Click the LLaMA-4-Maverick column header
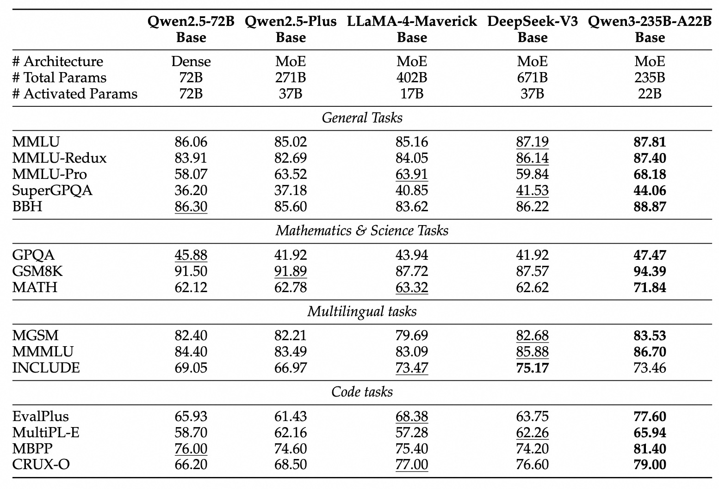pos(412,29)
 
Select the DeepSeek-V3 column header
pos(532,29)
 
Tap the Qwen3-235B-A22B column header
pos(650,29)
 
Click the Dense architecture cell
pos(191,61)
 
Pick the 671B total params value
pos(532,78)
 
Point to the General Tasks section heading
pos(362,118)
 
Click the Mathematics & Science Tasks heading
pos(362,231)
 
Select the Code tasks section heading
pos(362,392)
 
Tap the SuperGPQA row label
pos(52,190)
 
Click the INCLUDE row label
pos(46,368)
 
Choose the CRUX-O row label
pos(41,465)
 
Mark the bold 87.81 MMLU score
pos(650,142)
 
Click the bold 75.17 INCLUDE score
pos(532,368)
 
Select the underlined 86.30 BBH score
pos(191,207)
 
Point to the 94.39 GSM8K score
pos(650,271)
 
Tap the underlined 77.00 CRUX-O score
pos(412,465)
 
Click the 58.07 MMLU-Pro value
pos(191,174)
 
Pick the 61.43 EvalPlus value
pos(291,416)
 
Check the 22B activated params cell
pos(650,94)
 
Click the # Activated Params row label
pos(75,94)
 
